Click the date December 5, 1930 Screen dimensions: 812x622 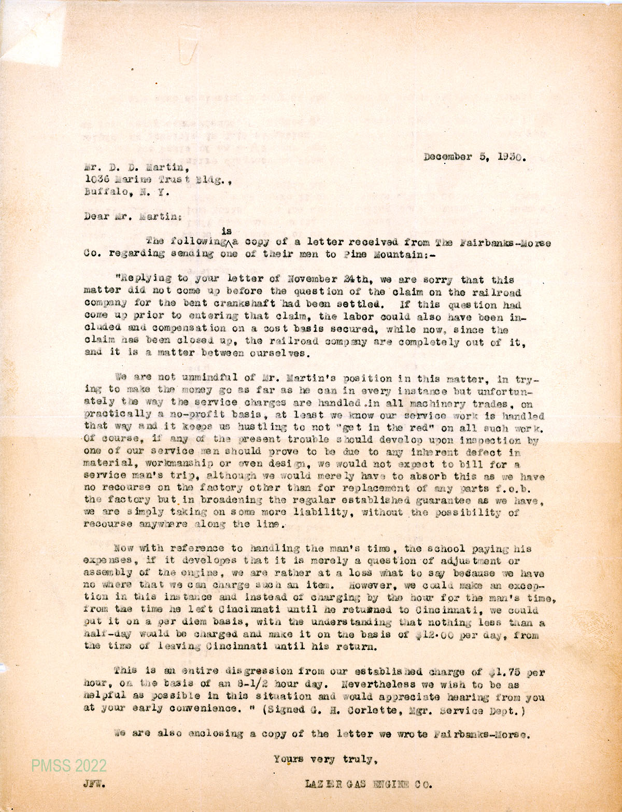(474, 157)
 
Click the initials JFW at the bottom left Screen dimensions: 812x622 (95, 785)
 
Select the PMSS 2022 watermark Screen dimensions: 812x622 (68, 765)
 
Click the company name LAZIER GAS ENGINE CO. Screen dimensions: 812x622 (369, 785)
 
